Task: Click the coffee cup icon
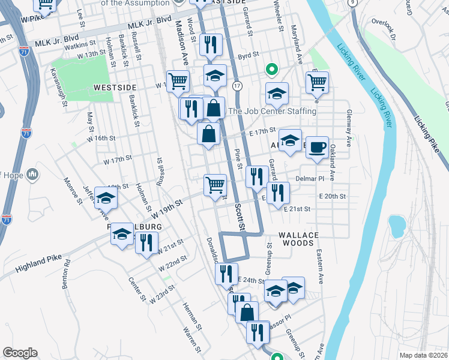[317, 146]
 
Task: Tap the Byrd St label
[247, 55]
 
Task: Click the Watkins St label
[81, 44]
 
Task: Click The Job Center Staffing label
[272, 111]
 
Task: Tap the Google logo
[20, 353]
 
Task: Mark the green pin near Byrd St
[271, 70]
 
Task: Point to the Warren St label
[191, 338]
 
